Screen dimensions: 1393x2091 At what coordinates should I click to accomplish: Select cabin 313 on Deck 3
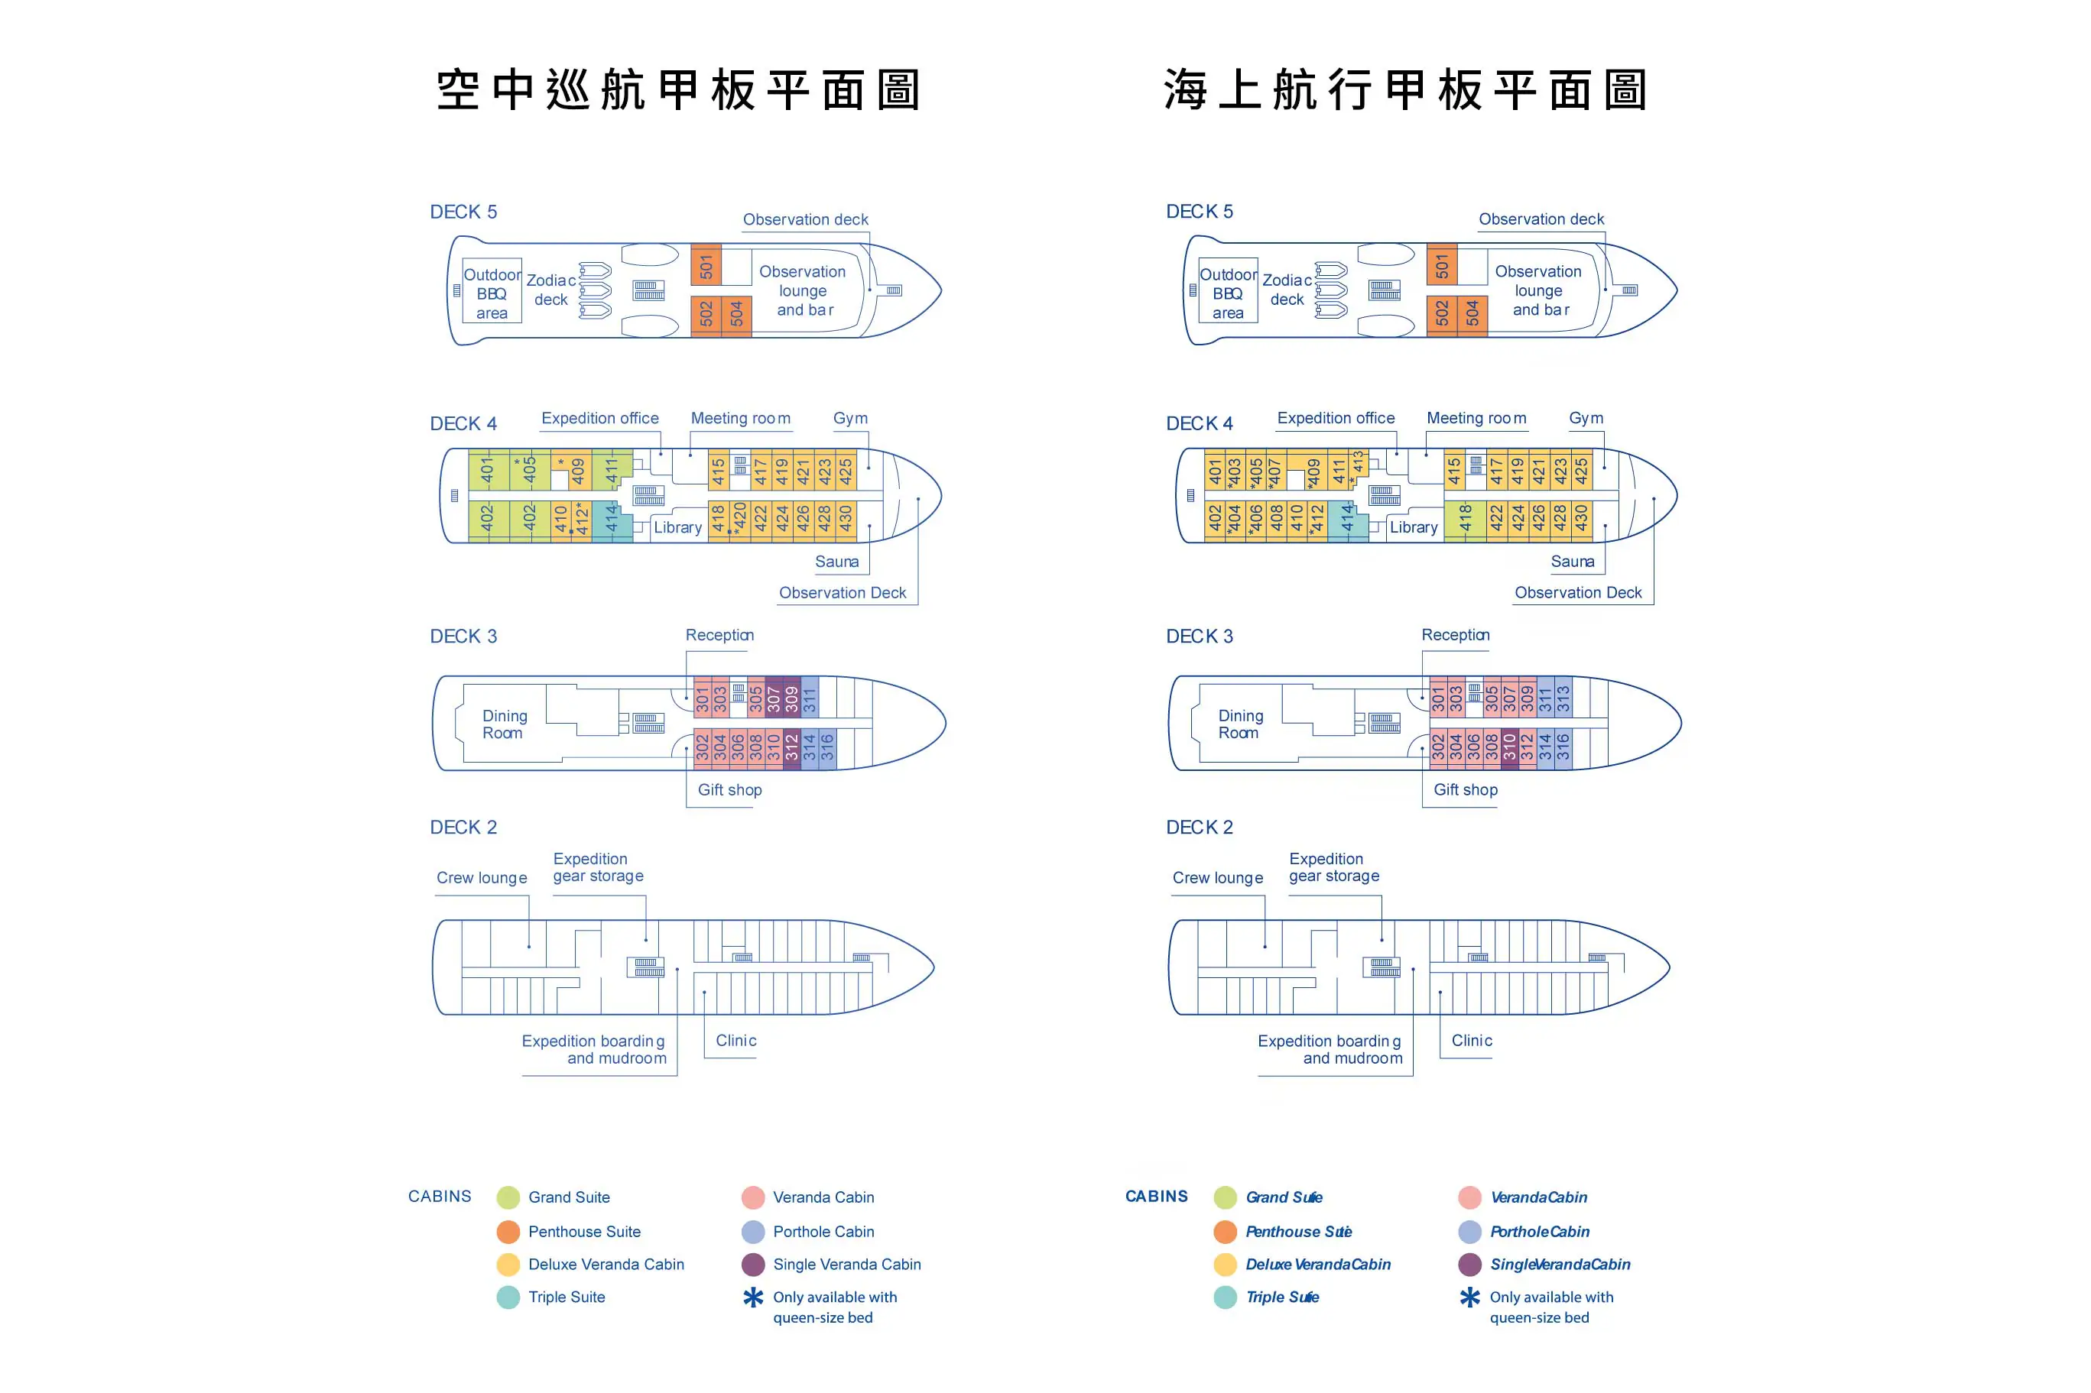[1562, 698]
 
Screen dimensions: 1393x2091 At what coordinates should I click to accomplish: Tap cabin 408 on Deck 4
[1276, 518]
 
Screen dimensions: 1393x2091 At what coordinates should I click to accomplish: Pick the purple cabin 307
[773, 698]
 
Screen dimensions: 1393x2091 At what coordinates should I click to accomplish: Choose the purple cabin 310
[1509, 748]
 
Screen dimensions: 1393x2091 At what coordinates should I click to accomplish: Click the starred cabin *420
[738, 518]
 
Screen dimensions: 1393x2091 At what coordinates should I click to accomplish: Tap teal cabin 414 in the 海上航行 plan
[1347, 518]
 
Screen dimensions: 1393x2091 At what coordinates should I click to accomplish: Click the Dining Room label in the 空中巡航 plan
[504, 724]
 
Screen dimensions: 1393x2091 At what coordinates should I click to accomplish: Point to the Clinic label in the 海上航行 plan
[1472, 1040]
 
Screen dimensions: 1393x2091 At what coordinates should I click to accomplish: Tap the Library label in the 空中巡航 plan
[677, 526]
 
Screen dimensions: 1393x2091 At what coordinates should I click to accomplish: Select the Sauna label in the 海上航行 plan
[1572, 562]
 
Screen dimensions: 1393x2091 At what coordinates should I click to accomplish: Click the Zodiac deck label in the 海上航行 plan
[1286, 290]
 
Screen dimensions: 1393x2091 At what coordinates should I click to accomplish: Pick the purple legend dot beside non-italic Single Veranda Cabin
[753, 1264]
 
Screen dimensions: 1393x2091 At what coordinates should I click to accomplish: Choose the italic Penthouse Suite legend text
[1297, 1231]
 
